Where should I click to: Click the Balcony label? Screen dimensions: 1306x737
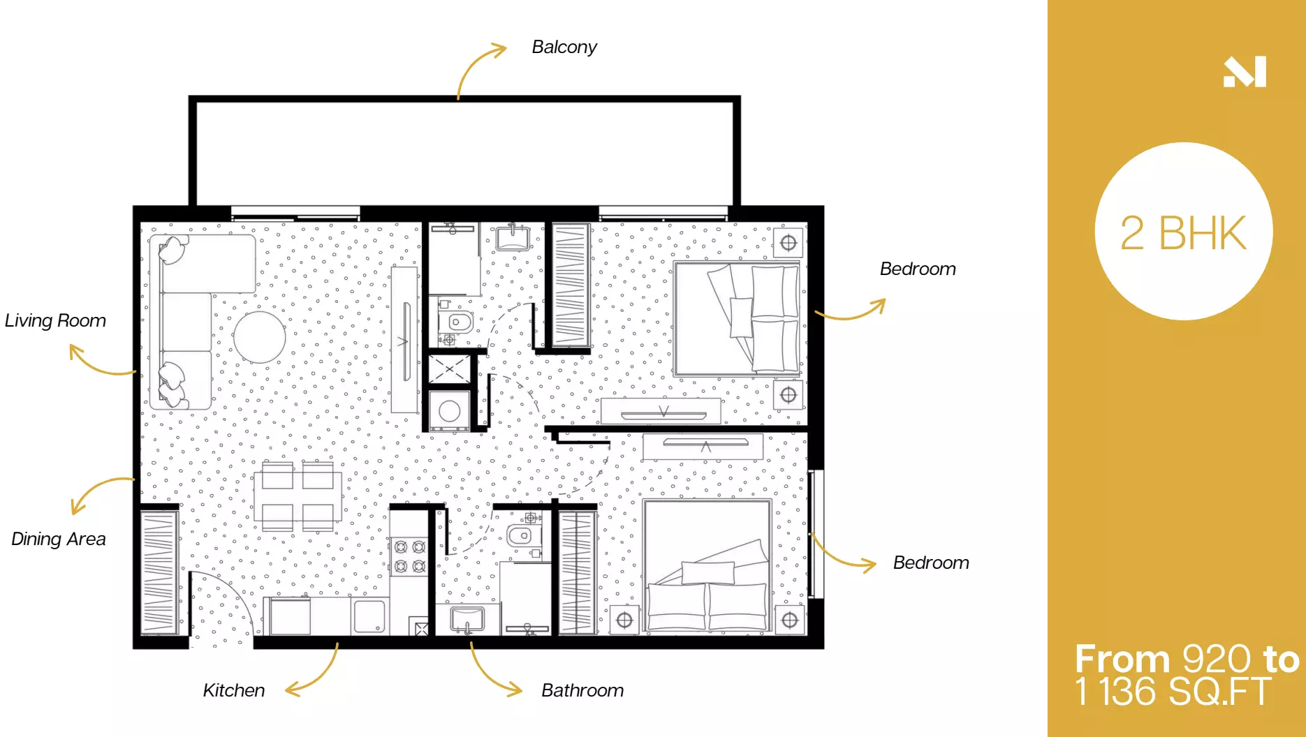[564, 47]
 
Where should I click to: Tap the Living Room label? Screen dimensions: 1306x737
[55, 320]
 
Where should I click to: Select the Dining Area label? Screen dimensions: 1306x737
[59, 539]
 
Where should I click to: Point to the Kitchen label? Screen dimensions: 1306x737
[234, 690]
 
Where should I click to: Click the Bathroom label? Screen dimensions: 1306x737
[582, 690]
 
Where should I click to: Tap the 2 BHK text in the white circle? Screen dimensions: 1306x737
[1183, 233]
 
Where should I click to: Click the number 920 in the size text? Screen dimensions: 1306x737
[1217, 659]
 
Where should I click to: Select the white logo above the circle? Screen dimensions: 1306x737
[1245, 72]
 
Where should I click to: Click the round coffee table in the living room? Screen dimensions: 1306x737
[260, 337]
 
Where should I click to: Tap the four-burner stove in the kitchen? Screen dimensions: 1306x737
[410, 556]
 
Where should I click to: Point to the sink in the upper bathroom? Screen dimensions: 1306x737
[513, 237]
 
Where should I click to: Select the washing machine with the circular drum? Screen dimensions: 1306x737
[449, 410]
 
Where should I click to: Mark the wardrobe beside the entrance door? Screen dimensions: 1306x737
[160, 573]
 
